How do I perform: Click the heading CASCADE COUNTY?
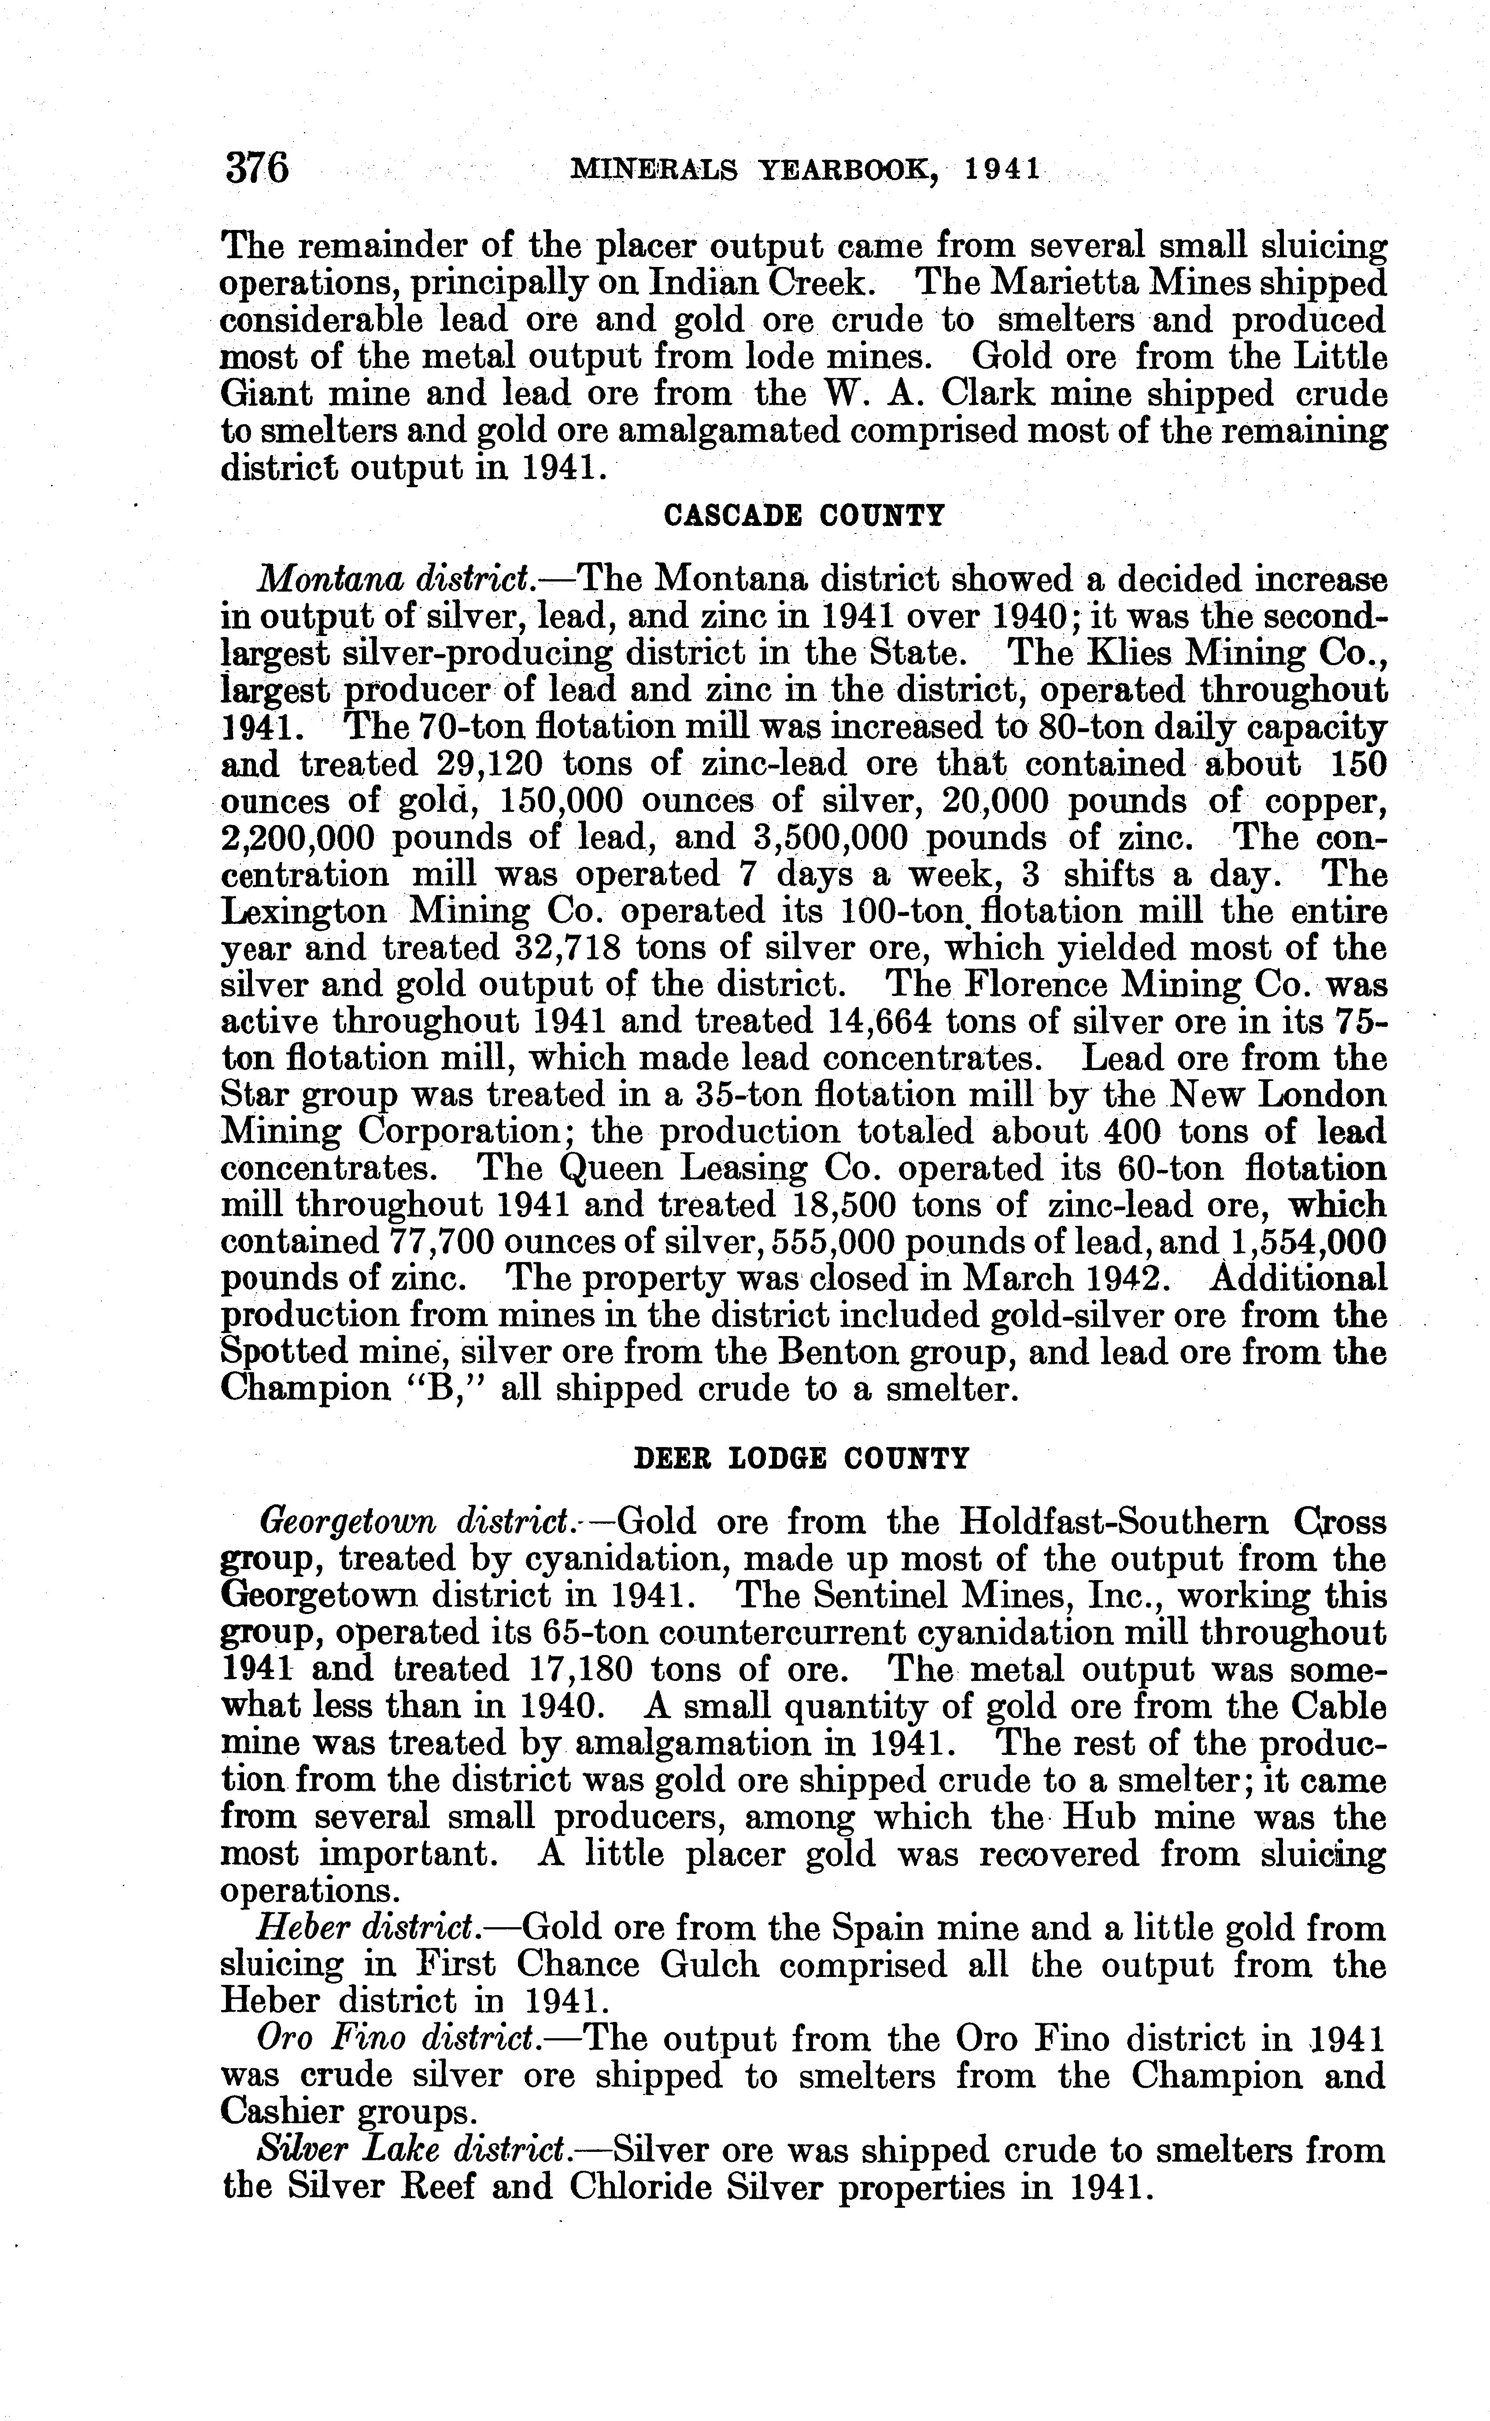(804, 515)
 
